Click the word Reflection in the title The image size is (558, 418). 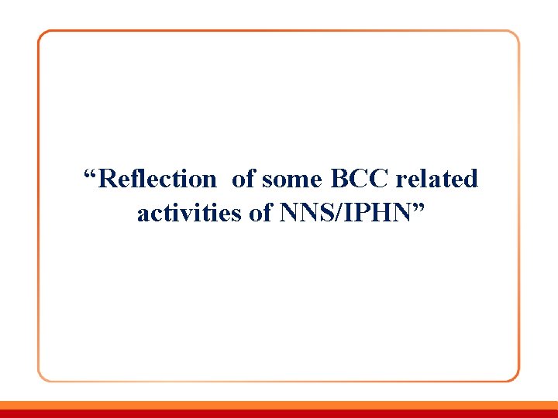158,180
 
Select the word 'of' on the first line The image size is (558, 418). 243,180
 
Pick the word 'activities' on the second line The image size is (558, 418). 190,213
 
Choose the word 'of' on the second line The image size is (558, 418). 260,213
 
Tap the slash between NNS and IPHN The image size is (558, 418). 335,213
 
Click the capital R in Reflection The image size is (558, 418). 108,180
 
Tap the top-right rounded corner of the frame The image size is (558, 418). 514,36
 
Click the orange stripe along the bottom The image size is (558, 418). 279,404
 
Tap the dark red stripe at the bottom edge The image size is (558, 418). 279,413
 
